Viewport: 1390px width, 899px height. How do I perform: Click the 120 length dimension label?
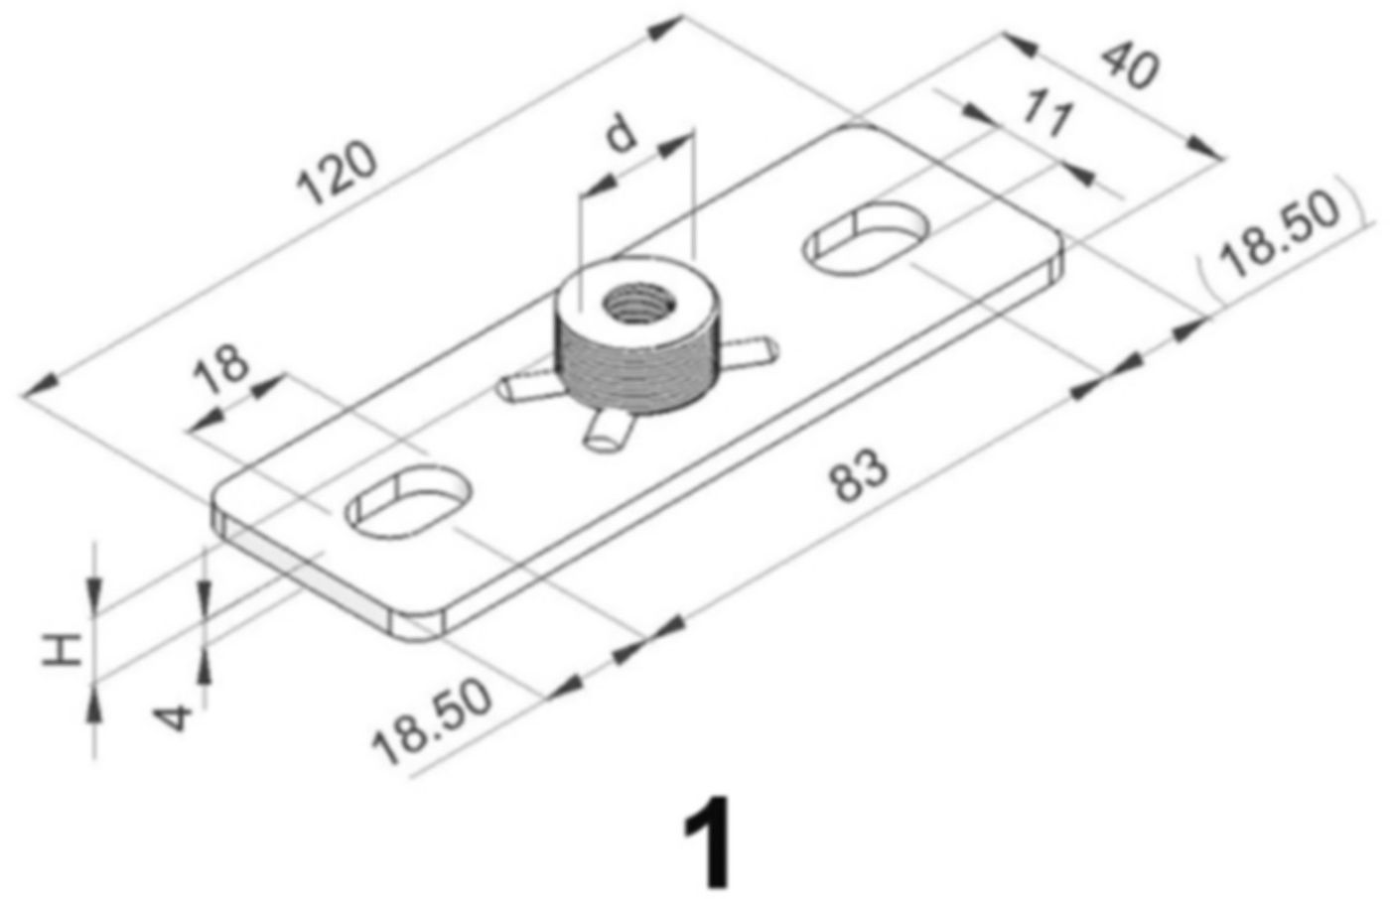[339, 174]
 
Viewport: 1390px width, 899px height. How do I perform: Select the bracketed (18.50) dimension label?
[1281, 232]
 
